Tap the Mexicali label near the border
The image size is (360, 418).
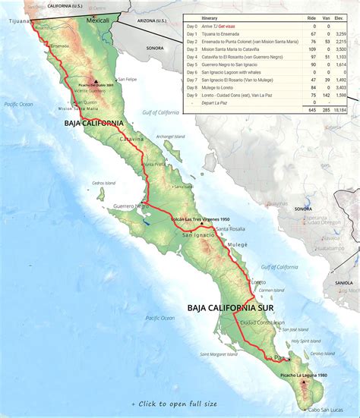pyautogui.click(x=98, y=21)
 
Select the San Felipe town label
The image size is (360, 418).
pyautogui.click(x=127, y=79)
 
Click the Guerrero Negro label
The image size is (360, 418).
pyautogui.click(x=128, y=206)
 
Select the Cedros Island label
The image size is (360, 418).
pyautogui.click(x=103, y=183)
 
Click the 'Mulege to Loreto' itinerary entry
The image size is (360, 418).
pyautogui.click(x=221, y=87)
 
